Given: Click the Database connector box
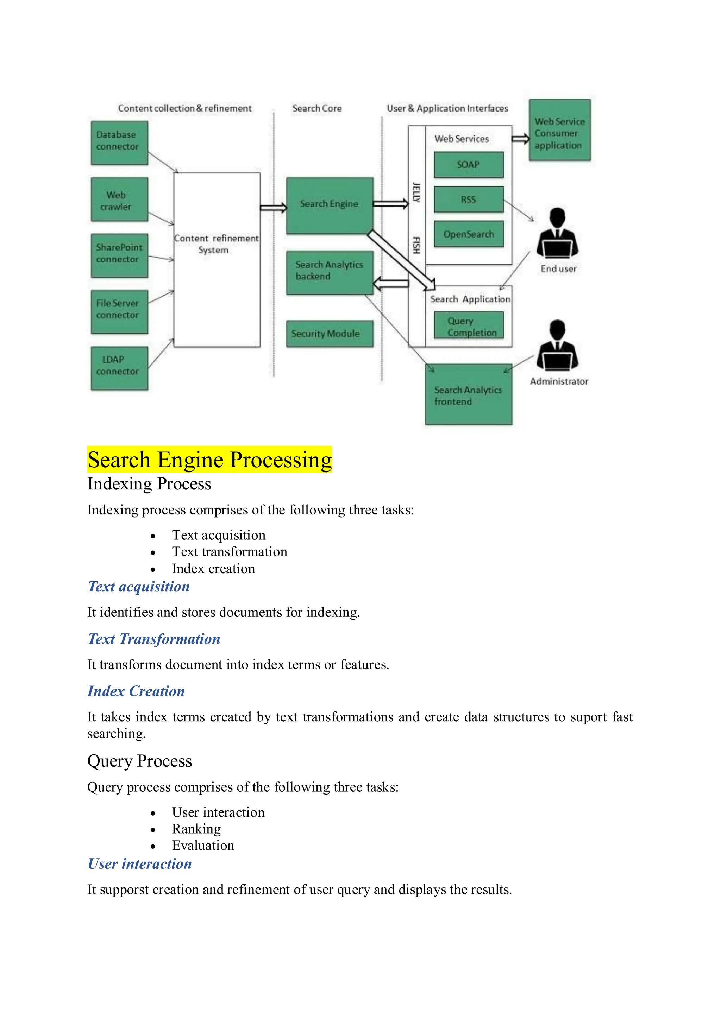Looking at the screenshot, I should pyautogui.click(x=119, y=143).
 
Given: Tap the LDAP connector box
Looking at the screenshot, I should pyautogui.click(x=119, y=368).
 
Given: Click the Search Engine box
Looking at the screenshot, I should pyautogui.click(x=330, y=205).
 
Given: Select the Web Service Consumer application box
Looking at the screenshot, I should pyautogui.click(x=559, y=130).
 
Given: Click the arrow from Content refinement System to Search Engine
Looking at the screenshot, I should pyautogui.click(x=274, y=208).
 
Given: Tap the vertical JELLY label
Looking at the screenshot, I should pyautogui.click(x=416, y=192).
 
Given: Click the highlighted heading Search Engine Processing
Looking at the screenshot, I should pyautogui.click(x=209, y=459).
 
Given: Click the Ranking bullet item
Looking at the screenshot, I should pyautogui.click(x=196, y=829).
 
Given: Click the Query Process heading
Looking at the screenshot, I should pyautogui.click(x=139, y=761).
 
